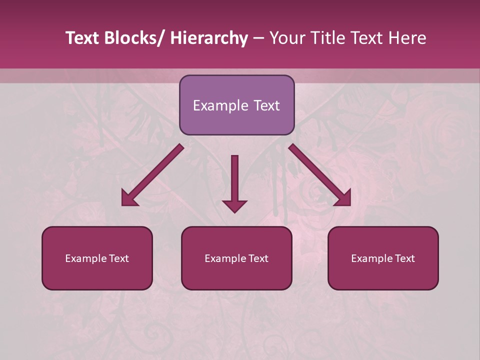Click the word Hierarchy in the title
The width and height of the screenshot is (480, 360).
(x=209, y=38)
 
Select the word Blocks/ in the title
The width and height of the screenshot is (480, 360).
(x=134, y=38)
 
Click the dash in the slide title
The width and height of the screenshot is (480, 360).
(x=258, y=38)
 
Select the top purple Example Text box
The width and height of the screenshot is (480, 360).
(x=236, y=105)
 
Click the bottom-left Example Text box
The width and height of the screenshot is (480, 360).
(x=97, y=258)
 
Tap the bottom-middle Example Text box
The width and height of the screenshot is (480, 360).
(x=236, y=258)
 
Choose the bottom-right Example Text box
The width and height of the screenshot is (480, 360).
(x=383, y=258)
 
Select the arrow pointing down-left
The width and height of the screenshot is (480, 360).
(x=152, y=175)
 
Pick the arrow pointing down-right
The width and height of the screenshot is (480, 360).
(x=320, y=175)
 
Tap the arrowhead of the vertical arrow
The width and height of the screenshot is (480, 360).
(x=234, y=205)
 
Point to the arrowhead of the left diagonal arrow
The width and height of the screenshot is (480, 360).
(x=128, y=199)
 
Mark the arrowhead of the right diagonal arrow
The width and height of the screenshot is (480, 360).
(x=344, y=199)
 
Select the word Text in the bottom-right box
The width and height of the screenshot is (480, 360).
(x=404, y=258)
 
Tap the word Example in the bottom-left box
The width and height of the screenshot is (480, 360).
(x=85, y=258)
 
